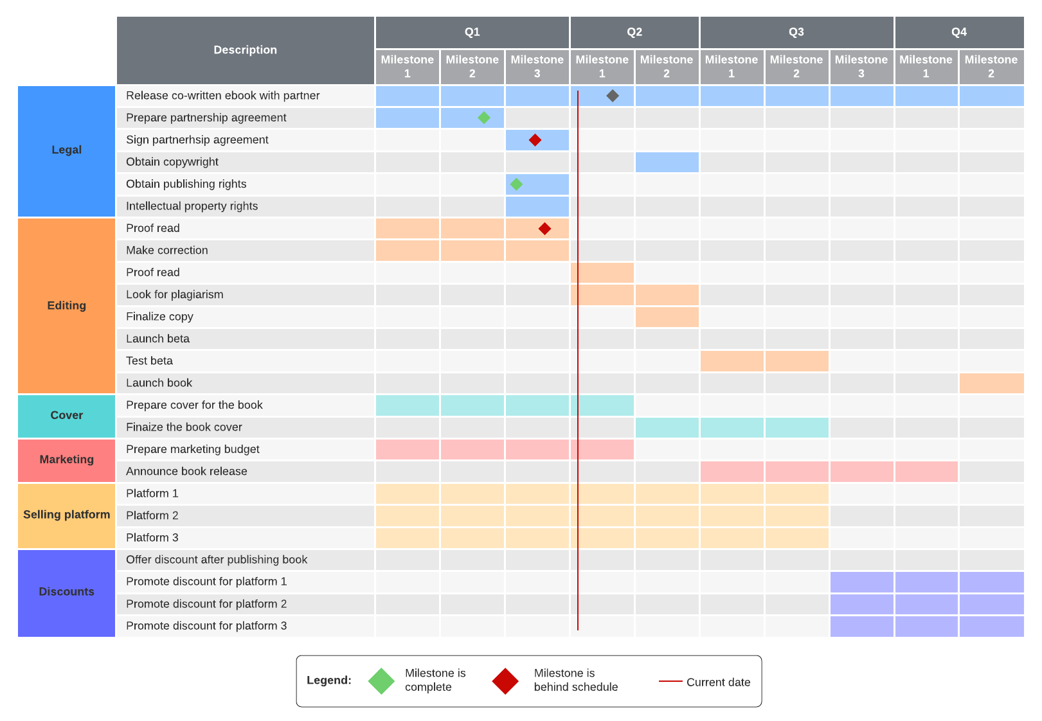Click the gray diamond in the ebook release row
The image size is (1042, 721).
(613, 96)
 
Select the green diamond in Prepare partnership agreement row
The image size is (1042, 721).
(484, 118)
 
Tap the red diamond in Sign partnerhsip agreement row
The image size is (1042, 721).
(535, 140)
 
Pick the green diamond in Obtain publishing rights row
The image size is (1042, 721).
(516, 184)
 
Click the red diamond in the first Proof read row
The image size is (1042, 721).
(544, 229)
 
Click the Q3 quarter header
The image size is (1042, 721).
(796, 32)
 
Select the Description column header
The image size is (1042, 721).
(245, 50)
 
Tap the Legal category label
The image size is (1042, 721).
(66, 150)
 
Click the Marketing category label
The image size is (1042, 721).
(66, 459)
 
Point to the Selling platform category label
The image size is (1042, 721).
(66, 515)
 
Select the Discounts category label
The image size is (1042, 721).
(66, 592)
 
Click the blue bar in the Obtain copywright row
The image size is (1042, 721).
(667, 162)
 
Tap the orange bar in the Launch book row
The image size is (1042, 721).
(991, 383)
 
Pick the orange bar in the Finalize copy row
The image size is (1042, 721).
(667, 317)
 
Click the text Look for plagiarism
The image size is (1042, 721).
(175, 295)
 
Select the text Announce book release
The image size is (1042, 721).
(186, 472)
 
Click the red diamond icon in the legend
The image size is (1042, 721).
(505, 681)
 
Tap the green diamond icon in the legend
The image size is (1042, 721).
(381, 681)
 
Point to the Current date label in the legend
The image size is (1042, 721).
(718, 682)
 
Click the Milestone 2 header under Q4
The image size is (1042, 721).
(991, 66)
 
